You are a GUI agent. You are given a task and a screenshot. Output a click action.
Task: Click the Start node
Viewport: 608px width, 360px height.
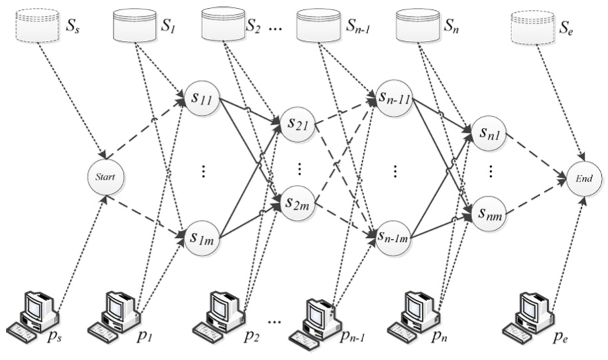[x=105, y=176]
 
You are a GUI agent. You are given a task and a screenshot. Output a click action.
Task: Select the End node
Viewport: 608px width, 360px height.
[x=585, y=178]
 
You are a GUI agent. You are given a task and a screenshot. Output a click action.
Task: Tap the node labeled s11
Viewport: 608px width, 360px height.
[x=202, y=98]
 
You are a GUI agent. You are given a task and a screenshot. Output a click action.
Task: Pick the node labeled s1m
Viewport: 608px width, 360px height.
[x=202, y=237]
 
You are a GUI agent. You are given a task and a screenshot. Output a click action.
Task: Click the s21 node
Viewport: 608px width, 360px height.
[x=298, y=123]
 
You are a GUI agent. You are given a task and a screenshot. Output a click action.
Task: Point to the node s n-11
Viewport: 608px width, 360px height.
[x=394, y=98]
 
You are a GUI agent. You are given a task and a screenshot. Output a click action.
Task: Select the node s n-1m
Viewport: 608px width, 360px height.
[x=394, y=237]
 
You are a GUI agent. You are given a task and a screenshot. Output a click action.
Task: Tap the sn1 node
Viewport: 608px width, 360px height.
[x=489, y=133]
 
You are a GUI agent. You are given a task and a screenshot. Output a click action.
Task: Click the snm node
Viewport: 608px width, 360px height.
[x=489, y=213]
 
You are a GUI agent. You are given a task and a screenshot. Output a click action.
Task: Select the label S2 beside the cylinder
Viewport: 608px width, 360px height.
[x=253, y=26]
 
